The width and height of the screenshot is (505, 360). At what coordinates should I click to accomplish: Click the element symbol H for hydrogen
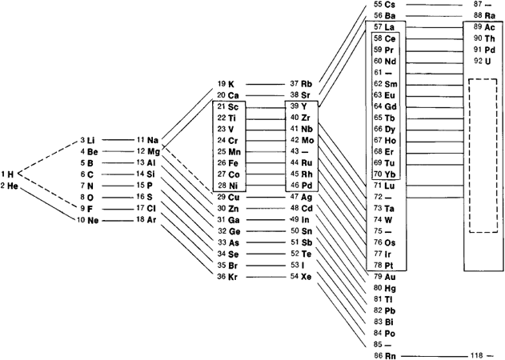pos(10,174)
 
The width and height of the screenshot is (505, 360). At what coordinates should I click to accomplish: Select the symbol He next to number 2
pos(13,186)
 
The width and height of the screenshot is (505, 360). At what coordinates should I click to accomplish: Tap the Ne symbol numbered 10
pos(93,221)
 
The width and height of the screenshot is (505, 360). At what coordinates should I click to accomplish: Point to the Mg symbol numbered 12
pos(154,152)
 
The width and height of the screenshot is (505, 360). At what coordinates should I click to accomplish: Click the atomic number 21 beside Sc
pos(222,106)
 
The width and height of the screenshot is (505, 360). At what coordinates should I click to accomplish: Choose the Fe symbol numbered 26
pos(233,163)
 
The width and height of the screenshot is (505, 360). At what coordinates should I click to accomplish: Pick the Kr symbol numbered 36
pos(233,277)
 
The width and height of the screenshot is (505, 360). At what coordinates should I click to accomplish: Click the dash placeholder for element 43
pos(305,151)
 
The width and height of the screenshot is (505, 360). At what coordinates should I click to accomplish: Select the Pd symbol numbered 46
pos(307,186)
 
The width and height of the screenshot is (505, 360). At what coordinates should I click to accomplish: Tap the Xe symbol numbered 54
pos(306,277)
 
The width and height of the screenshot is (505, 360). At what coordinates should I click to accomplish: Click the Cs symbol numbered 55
pos(390,5)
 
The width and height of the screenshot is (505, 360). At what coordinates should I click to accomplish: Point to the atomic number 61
pos(378,73)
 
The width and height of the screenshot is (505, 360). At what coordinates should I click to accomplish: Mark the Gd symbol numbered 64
pos(391,106)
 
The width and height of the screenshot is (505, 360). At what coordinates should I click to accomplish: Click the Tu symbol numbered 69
pos(390,163)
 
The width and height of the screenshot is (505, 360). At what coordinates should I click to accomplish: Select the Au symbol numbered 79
pos(390,277)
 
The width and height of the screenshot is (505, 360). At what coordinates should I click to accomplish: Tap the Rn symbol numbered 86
pos(390,356)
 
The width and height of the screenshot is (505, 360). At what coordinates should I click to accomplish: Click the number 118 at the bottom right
pos(477,355)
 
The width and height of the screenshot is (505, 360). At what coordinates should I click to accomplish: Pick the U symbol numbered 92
pos(487,61)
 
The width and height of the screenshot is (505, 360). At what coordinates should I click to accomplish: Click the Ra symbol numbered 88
pos(490,16)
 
